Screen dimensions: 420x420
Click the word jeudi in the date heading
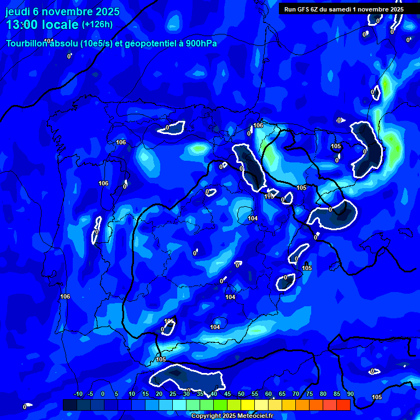[19, 11]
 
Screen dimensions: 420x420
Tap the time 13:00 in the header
[23, 25]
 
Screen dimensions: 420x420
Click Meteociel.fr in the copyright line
[255, 416]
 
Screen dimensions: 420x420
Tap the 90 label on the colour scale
[350, 394]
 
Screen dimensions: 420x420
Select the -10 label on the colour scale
[78, 394]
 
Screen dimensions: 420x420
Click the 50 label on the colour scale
[241, 394]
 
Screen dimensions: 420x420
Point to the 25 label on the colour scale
[173, 394]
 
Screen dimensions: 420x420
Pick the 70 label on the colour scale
[296, 394]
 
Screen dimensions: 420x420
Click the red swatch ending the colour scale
[343, 405]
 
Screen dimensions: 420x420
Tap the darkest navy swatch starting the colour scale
[70, 405]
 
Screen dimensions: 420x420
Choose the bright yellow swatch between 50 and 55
[248, 405]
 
